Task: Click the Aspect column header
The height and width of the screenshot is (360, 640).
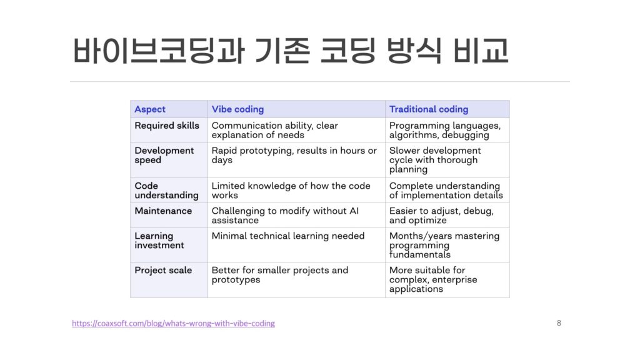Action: click(150, 109)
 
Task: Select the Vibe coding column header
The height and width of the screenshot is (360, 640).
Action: click(237, 109)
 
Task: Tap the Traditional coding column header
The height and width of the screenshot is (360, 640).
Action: click(429, 109)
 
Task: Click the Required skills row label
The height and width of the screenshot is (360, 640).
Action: click(167, 126)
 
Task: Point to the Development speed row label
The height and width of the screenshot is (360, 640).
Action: click(164, 155)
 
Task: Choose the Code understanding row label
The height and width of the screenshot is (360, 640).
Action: click(166, 191)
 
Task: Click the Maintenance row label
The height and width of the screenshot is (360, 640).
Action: click(163, 211)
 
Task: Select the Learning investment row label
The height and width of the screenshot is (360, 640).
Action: click(159, 241)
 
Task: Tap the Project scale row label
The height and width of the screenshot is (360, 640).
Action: click(163, 270)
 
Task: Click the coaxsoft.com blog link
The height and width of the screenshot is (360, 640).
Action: click(174, 323)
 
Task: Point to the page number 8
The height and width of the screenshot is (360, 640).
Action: click(559, 323)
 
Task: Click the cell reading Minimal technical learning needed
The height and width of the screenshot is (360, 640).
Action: click(287, 236)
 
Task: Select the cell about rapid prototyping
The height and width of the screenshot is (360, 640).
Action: click(294, 155)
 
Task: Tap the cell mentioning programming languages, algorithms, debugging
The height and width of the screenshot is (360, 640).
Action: click(445, 130)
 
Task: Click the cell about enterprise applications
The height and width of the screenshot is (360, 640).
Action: click(433, 279)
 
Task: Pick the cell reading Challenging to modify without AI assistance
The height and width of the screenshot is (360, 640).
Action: click(285, 216)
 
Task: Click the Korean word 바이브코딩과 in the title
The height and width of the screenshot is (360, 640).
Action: click(159, 50)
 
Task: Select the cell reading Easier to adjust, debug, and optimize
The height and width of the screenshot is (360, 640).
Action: click(441, 216)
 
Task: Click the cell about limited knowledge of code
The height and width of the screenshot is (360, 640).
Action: click(291, 191)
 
